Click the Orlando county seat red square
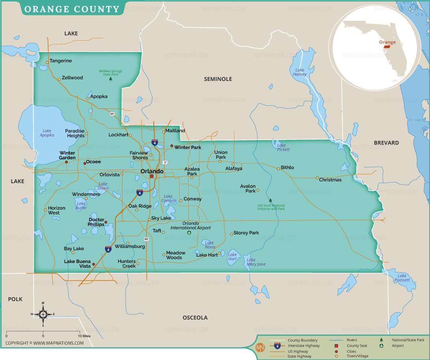[x=151, y=176]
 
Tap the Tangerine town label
[x=61, y=61]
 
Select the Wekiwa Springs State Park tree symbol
[x=110, y=79]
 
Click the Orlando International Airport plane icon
[x=189, y=233]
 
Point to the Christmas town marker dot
[x=317, y=178]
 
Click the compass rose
[x=43, y=314]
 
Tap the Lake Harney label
[x=300, y=72]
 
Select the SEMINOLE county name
[x=218, y=79]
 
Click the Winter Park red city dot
[x=172, y=146]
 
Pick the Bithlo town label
[x=287, y=168]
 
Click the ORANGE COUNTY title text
[x=72, y=9]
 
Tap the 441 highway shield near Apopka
[x=112, y=114]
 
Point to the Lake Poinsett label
[x=402, y=278]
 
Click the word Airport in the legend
[x=398, y=346]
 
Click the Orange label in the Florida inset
[x=387, y=42]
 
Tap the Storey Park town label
[x=246, y=233]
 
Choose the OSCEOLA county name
[x=195, y=317]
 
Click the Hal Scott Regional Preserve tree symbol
[x=270, y=200]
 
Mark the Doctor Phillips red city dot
[x=106, y=222]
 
